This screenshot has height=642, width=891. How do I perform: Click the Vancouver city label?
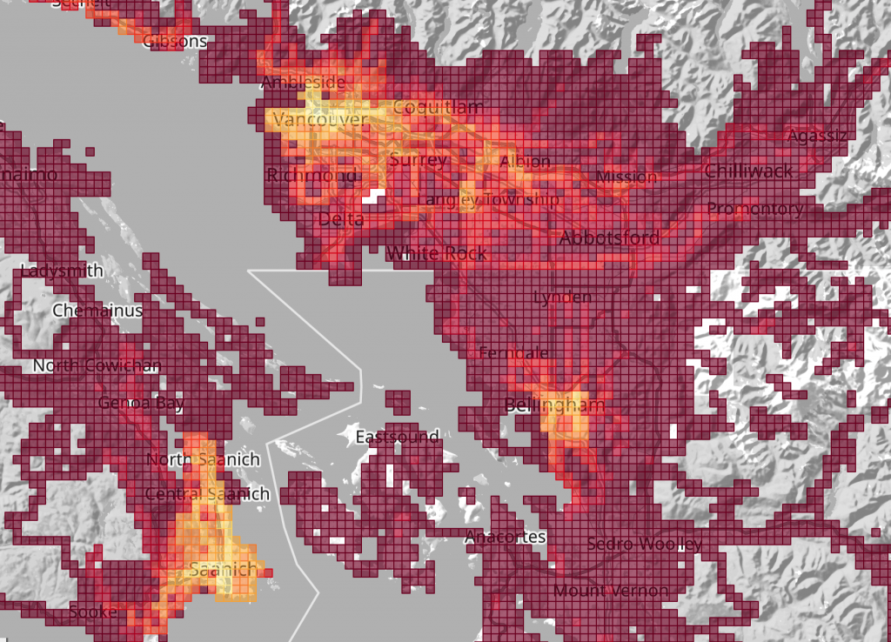pyautogui.click(x=319, y=119)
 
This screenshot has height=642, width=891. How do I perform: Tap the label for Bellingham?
pyautogui.click(x=554, y=405)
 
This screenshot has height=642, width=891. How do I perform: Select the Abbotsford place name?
pyautogui.click(x=609, y=237)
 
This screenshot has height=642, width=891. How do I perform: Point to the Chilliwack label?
pyautogui.click(x=748, y=171)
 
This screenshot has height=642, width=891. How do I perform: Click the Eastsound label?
pyautogui.click(x=397, y=437)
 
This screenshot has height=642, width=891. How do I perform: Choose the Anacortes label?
pyautogui.click(x=505, y=537)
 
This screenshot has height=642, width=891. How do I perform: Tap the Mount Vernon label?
pyautogui.click(x=611, y=592)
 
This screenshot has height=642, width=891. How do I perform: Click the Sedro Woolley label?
pyautogui.click(x=644, y=545)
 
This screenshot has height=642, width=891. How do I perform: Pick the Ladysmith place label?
pyautogui.click(x=61, y=271)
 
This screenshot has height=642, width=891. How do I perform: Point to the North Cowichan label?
pyautogui.click(x=96, y=365)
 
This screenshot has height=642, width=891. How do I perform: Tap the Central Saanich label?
pyautogui.click(x=207, y=494)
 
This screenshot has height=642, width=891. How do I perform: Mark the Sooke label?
pyautogui.click(x=92, y=612)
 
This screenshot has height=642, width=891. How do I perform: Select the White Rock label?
pyautogui.click(x=437, y=253)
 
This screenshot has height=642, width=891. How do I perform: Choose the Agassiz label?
pyautogui.click(x=815, y=137)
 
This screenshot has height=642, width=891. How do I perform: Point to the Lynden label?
pyautogui.click(x=562, y=298)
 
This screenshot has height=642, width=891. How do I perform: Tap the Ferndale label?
pyautogui.click(x=513, y=353)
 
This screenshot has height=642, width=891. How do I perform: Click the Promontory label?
pyautogui.click(x=754, y=209)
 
